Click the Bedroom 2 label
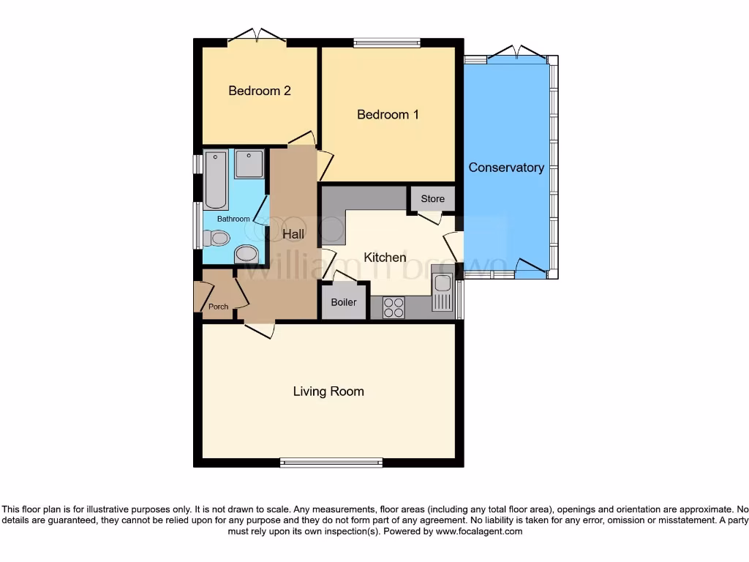[x=260, y=91]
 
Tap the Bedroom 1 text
[x=388, y=114]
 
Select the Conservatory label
[x=506, y=168]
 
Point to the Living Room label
[x=328, y=391]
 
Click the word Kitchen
[x=385, y=257]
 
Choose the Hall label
[x=293, y=234]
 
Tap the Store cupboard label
[x=432, y=198]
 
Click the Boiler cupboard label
[x=344, y=302]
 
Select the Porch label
[x=218, y=307]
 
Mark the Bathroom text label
[x=233, y=219]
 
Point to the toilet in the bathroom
[x=217, y=239]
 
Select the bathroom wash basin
[x=247, y=254]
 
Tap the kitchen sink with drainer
[x=442, y=291]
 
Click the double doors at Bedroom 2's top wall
[x=256, y=37]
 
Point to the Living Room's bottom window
[x=331, y=462]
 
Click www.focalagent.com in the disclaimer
[x=478, y=532]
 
